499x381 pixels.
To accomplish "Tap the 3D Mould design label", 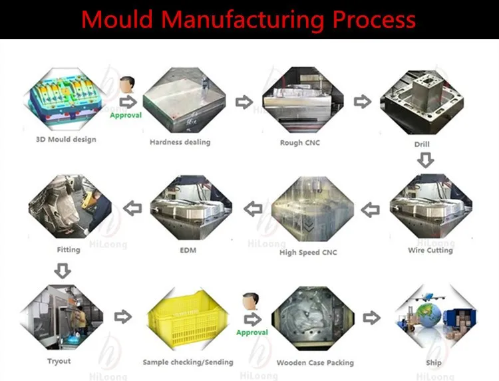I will (x=66, y=140).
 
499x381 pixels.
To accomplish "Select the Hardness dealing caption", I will (x=180, y=142).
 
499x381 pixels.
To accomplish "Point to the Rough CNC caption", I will (x=300, y=142).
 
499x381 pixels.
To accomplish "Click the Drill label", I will (x=422, y=144).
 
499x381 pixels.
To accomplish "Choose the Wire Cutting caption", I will (x=430, y=251).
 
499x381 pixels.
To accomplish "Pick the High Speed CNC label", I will (x=308, y=253).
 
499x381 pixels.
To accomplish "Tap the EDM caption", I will (x=188, y=251).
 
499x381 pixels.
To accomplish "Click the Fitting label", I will (x=69, y=250).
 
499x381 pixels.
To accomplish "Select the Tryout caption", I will (x=59, y=361).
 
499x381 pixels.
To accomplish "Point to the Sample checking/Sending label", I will (x=188, y=362).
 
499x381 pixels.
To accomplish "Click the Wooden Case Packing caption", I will (x=315, y=363).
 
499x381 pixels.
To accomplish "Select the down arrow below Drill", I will (x=425, y=160).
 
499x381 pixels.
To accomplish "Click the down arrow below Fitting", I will (x=62, y=270).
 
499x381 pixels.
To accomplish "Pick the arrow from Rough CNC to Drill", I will (x=362, y=102).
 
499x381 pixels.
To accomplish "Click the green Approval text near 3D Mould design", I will (x=125, y=115).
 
